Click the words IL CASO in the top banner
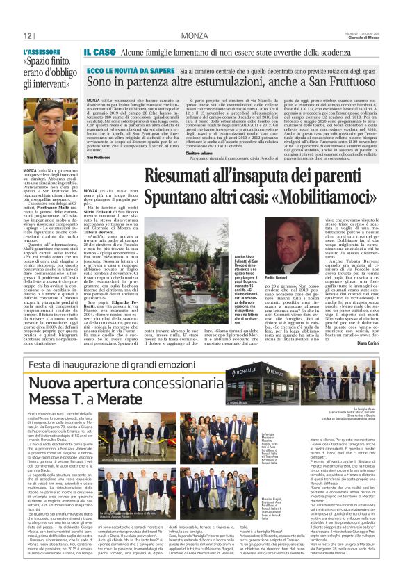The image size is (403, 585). pos(99,52)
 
